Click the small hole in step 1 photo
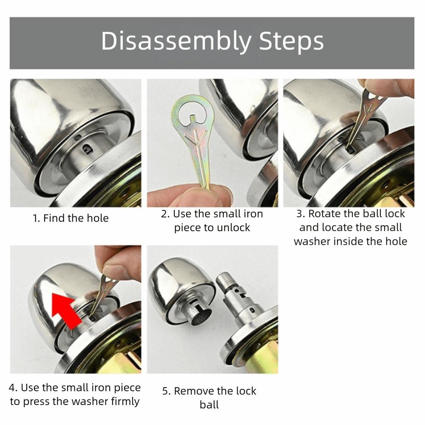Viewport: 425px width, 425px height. pos(87,149)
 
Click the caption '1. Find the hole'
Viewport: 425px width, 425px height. pos(71,218)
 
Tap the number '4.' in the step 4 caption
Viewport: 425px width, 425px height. pos(13,388)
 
